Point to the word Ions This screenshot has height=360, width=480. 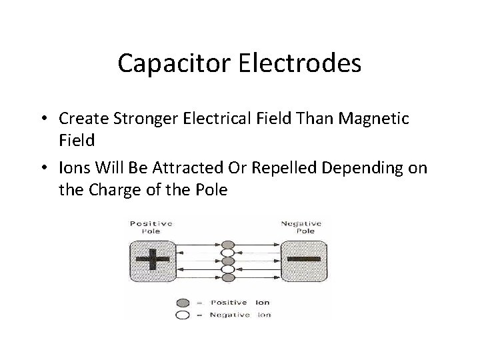coord(73,169)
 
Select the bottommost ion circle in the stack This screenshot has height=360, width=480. coord(228,277)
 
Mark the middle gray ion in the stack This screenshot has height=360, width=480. coord(228,261)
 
